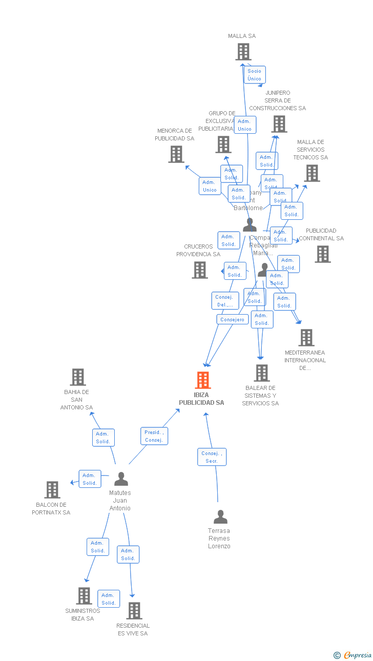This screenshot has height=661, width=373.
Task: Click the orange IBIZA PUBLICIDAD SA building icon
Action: point(203,380)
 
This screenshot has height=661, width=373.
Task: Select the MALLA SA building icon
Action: point(243,52)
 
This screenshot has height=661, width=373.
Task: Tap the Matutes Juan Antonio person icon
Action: point(121,479)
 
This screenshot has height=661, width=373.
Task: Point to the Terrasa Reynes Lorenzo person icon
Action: point(220,517)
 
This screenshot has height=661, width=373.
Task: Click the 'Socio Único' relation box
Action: point(254,75)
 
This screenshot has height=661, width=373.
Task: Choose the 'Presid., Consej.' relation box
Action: point(154,436)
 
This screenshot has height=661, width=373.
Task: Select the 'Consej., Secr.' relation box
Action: point(212,457)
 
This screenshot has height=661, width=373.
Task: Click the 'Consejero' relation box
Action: point(233,319)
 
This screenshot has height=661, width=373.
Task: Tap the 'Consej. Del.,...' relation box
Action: point(225,301)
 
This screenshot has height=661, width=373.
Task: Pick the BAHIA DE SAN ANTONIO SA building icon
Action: point(78,377)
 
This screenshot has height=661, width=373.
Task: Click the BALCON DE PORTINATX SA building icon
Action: point(52,490)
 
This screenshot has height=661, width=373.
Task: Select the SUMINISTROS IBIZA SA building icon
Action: point(84,596)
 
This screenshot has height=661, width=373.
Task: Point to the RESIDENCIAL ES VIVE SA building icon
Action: point(134,611)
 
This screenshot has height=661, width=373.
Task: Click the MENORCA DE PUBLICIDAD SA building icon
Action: point(176,154)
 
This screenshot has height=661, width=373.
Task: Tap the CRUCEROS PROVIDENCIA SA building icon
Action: point(200,270)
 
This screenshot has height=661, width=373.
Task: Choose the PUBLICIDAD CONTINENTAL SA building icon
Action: point(323,254)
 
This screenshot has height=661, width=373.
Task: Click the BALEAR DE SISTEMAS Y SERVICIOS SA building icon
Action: point(262,373)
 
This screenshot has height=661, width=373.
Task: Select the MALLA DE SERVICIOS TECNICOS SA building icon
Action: point(312,173)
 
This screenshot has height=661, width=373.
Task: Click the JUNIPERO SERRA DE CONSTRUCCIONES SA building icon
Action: point(279,124)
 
